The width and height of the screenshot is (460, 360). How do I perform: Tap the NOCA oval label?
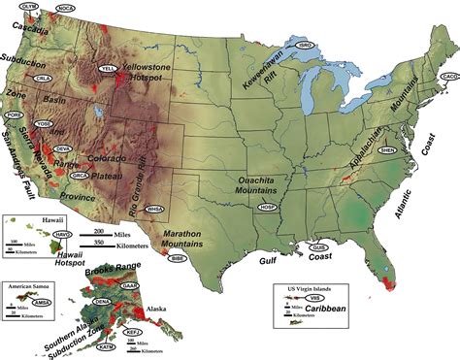pos(67,8)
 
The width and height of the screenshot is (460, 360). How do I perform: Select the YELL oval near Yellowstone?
pos(108,68)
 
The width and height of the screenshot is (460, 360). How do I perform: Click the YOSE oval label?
pos(44,124)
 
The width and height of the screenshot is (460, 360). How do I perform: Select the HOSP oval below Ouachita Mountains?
pos(269,208)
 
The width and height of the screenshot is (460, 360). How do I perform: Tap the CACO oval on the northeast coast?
pos(449,76)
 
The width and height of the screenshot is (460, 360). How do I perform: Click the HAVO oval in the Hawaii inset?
pos(63,234)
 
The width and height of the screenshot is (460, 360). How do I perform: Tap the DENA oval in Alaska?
pos(100,303)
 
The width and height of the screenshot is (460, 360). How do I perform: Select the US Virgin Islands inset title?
pos(311,289)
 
